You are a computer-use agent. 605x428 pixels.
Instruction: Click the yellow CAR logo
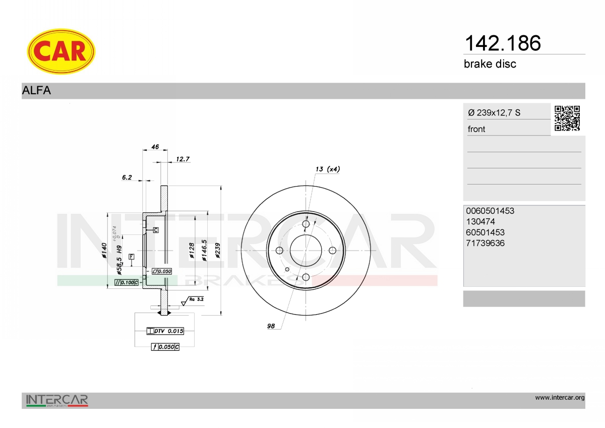(x=61, y=51)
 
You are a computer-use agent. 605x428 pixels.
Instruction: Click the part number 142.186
(x=503, y=43)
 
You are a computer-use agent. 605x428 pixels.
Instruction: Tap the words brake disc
(x=490, y=64)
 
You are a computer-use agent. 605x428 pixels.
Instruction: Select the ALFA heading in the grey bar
(x=36, y=90)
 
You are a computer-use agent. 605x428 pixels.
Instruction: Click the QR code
(x=567, y=118)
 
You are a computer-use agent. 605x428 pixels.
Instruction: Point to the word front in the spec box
(x=476, y=129)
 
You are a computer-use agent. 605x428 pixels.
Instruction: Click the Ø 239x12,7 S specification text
(x=494, y=112)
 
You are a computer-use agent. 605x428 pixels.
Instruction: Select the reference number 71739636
(x=485, y=243)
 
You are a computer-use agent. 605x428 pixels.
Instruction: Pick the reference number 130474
(x=480, y=221)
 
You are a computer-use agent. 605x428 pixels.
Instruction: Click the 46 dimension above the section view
(x=155, y=147)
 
